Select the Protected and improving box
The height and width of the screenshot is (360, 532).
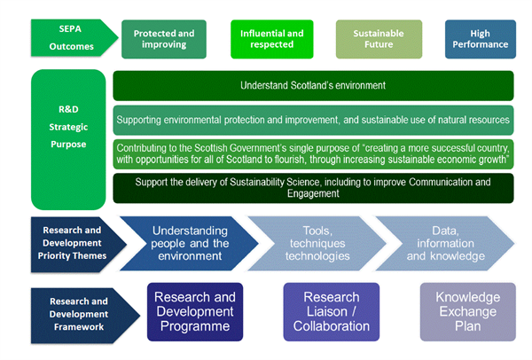[164, 39]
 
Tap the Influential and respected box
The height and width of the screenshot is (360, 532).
[272, 39]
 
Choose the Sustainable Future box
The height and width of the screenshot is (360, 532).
[379, 39]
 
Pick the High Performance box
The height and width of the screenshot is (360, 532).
[481, 39]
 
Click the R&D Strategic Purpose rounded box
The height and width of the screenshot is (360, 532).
[68, 139]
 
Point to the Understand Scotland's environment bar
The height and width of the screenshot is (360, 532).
[313, 85]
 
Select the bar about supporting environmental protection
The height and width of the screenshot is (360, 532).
[313, 120]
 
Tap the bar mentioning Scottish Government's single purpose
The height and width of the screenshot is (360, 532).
[313, 154]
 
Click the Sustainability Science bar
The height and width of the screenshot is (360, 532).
[313, 188]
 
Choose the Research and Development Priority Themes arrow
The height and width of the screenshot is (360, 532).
[76, 244]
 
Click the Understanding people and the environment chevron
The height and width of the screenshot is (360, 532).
[190, 243]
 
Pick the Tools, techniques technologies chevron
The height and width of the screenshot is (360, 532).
[317, 243]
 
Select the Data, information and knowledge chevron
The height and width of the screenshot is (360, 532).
[445, 243]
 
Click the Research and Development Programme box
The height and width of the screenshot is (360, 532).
[195, 312]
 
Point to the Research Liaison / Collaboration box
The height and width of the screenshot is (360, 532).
[332, 312]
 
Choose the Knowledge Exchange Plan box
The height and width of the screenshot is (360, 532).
[468, 312]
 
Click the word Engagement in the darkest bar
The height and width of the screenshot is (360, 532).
[313, 193]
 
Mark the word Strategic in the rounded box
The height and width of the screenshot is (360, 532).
[68, 127]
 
